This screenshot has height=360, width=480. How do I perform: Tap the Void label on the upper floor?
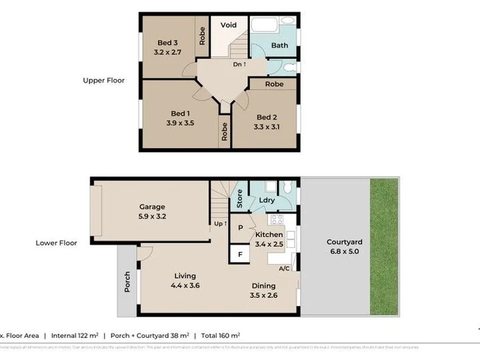click(x=229, y=25)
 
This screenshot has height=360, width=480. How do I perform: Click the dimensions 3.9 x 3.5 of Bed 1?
click(x=180, y=123)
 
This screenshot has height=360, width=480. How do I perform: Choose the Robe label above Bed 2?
click(x=274, y=85)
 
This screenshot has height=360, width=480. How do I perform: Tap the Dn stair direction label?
click(x=239, y=65)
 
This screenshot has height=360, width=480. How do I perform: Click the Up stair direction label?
click(x=220, y=223)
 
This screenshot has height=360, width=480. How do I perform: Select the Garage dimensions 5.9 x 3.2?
click(x=152, y=216)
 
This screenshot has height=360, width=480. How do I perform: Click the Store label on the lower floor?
click(x=239, y=199)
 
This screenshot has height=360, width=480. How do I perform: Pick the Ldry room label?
click(x=267, y=199)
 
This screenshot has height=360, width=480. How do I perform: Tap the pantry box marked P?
click(x=240, y=227)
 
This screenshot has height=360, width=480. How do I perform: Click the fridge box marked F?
click(x=240, y=253)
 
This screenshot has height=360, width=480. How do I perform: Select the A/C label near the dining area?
click(x=284, y=269)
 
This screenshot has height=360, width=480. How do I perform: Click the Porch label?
click(x=127, y=282)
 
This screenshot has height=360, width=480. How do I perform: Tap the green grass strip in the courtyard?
click(x=385, y=247)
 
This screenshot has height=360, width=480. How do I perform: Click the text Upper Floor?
click(x=103, y=81)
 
